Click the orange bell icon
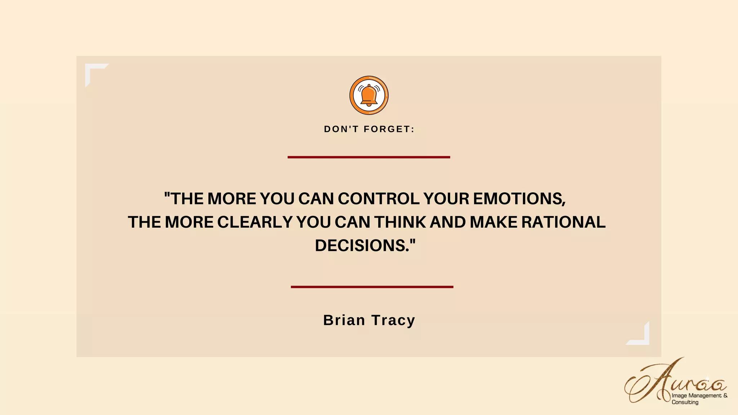pos(369,95)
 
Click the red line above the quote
pos(369,157)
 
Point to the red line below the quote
pos(372,287)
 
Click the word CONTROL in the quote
pos(378,198)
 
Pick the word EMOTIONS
pos(519,198)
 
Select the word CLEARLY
pos(255,222)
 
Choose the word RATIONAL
pos(563,222)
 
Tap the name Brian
pos(344,320)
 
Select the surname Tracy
pos(393,320)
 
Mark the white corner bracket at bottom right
pos(641,337)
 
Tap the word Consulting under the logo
pos(685,402)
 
